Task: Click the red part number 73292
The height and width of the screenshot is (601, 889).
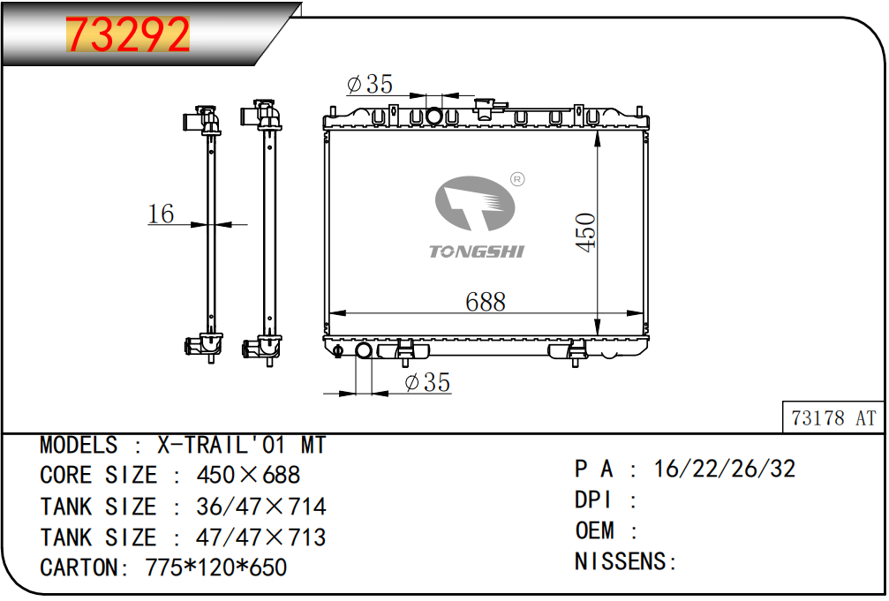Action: coord(127,34)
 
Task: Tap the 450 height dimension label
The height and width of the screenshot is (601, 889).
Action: coord(585,232)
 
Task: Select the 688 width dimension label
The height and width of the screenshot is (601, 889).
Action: coord(486,302)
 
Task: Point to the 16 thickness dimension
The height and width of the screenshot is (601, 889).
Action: coord(161,214)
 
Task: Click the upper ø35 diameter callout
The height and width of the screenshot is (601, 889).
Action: coord(370,84)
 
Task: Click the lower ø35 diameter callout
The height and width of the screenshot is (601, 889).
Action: coord(427,382)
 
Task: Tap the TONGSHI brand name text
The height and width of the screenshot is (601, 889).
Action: coord(476,252)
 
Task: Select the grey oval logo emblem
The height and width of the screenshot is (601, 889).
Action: coord(475,203)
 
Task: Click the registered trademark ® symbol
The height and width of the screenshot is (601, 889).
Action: coord(517,179)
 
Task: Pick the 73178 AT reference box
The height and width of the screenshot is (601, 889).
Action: coord(832,417)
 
